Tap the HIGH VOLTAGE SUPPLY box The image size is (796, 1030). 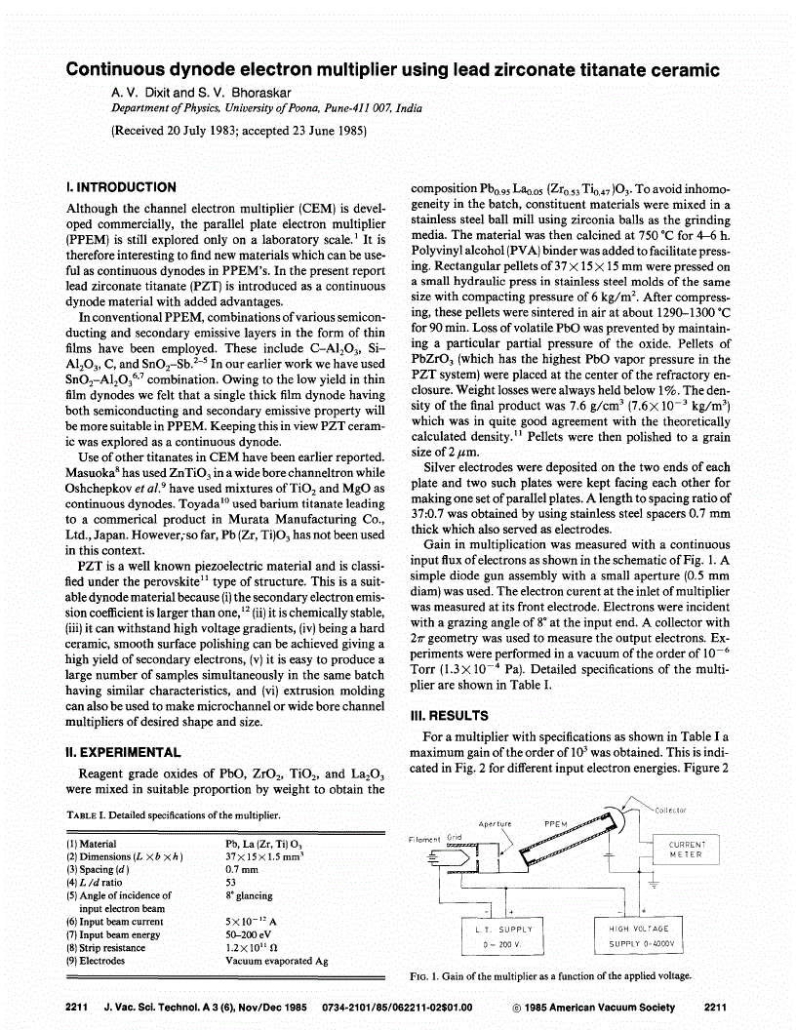[639, 936]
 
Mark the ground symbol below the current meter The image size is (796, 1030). [654, 883]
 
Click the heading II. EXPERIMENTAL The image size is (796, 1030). [123, 752]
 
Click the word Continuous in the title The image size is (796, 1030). [115, 70]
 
